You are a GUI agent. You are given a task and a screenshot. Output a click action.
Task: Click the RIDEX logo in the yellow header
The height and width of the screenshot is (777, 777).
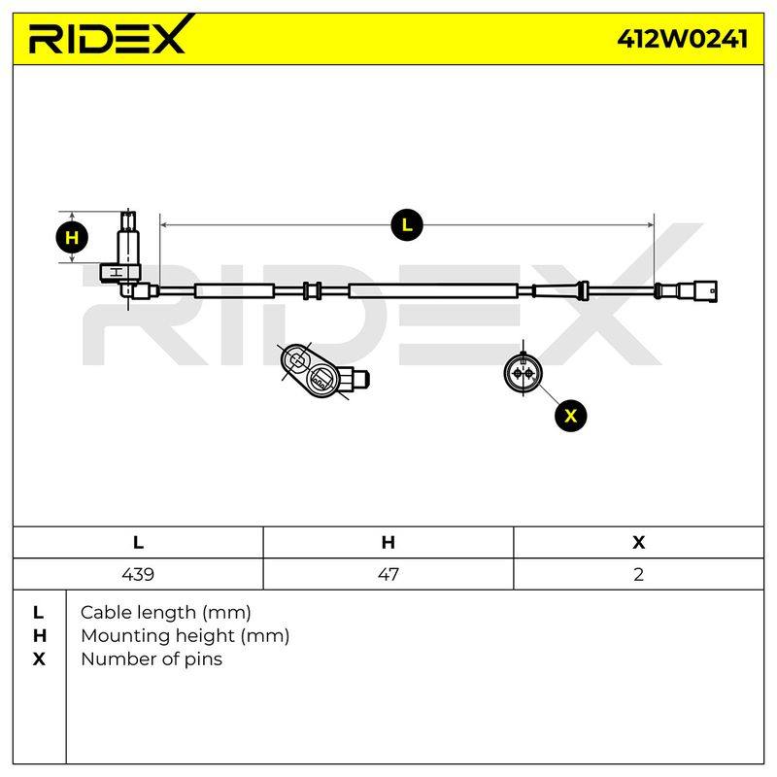point(111,35)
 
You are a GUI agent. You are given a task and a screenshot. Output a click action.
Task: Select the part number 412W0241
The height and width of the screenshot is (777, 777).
point(683,39)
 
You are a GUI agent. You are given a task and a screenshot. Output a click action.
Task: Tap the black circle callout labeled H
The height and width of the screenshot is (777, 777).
point(72,237)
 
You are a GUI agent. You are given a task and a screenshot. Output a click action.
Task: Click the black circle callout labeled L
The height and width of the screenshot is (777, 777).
point(407,225)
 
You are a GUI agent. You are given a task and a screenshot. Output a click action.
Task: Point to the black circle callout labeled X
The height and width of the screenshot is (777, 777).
point(571,416)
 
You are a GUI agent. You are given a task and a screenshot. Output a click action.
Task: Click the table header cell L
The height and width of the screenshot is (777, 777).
point(138,542)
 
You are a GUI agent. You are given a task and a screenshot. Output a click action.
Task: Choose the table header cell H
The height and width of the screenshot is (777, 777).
point(388,542)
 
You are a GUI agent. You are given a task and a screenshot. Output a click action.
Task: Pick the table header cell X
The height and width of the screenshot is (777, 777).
point(639,542)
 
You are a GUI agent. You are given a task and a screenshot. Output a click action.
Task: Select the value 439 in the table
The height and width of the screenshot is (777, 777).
point(138,574)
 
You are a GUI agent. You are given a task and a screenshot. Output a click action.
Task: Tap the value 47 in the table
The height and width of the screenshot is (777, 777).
point(388,574)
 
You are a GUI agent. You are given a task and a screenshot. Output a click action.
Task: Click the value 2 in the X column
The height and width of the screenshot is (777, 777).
point(639,574)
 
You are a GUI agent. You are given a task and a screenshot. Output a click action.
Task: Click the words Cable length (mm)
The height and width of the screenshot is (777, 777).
point(165,613)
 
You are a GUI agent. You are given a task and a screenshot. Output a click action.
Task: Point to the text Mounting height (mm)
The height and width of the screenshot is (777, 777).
point(185,636)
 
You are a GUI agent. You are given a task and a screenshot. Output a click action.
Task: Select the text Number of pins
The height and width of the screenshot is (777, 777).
point(152,659)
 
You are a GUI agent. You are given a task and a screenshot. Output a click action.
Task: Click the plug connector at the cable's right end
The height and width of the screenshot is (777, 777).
point(687,290)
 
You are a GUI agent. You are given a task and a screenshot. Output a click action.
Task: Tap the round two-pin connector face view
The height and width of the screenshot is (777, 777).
point(523,372)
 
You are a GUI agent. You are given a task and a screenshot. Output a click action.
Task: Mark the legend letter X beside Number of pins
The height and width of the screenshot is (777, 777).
point(39,659)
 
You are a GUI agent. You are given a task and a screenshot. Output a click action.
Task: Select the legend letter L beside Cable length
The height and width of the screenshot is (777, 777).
point(38,613)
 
